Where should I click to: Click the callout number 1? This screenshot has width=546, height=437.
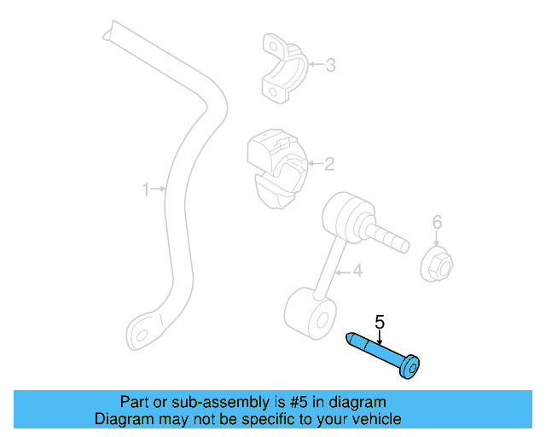[x=146, y=189]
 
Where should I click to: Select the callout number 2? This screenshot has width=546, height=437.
[x=328, y=164]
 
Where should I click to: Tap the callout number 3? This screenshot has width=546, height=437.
[x=330, y=64]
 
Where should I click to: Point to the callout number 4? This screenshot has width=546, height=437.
[x=357, y=271]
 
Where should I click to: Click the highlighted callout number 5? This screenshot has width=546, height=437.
[x=380, y=322]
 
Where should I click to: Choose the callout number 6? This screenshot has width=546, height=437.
[x=437, y=223]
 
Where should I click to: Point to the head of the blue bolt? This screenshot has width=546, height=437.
[x=411, y=369]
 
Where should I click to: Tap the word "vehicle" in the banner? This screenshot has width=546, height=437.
[x=376, y=419]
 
